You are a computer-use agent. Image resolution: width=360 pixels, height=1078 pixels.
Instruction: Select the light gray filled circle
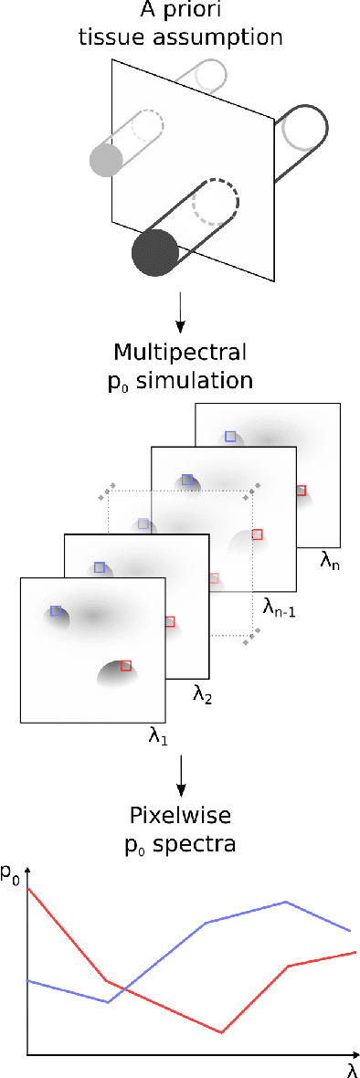(107, 160)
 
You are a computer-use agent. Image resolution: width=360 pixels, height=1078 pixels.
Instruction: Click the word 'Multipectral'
(180, 353)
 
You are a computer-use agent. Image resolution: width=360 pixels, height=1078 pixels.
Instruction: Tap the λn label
(330, 565)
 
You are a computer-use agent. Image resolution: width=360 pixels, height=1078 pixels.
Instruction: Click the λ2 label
(202, 694)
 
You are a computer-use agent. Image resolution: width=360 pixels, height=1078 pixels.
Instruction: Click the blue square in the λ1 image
(56, 610)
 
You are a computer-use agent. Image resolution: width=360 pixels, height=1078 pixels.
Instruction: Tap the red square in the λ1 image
(125, 666)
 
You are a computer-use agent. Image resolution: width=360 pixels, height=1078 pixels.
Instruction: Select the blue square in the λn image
(231, 436)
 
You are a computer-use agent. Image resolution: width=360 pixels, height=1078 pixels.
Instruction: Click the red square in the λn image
(302, 491)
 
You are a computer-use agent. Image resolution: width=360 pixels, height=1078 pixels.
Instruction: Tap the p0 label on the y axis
(10, 874)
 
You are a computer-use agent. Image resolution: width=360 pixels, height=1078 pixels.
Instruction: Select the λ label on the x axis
(351, 1066)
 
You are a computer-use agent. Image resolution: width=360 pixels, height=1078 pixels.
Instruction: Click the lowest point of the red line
(222, 1033)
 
